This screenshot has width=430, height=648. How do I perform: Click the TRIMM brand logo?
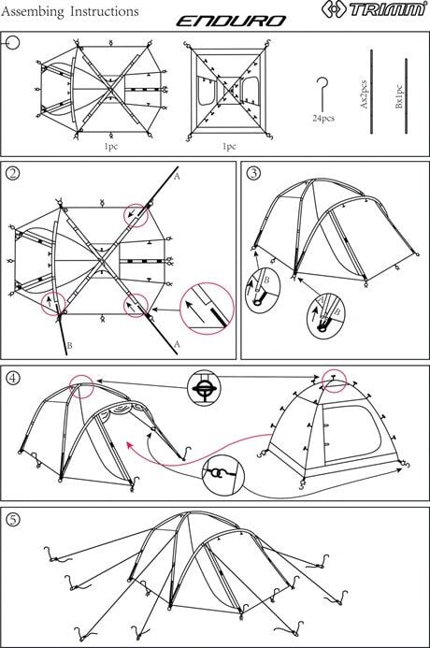tap(374, 8)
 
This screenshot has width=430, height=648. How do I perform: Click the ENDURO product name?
tap(231, 22)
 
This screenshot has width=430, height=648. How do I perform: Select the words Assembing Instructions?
tap(70, 11)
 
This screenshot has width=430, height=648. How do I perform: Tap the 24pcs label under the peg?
tap(323, 118)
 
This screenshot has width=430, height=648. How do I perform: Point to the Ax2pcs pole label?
tap(364, 94)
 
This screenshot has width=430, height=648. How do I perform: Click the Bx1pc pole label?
tap(398, 96)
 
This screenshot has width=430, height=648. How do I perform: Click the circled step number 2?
tap(13, 172)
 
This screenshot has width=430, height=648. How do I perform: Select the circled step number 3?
tap(253, 172)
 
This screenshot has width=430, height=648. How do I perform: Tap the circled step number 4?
tap(13, 378)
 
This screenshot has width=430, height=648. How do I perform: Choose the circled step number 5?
tap(13, 519)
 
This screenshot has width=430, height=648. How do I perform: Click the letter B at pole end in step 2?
tap(69, 345)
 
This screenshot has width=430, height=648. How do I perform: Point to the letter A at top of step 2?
tap(177, 177)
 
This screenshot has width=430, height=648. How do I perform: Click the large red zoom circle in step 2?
tap(207, 309)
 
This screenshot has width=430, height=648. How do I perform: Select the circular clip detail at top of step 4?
tap(204, 387)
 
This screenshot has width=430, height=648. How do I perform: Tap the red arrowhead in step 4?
tap(130, 445)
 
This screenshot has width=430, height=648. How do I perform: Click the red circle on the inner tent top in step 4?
tap(334, 381)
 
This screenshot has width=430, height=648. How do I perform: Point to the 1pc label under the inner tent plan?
tap(229, 146)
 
